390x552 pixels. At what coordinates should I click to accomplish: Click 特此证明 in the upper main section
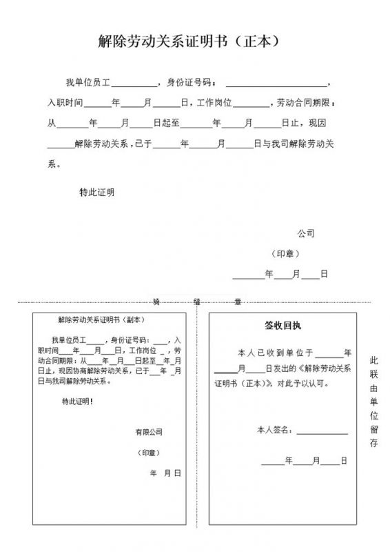coord(97,192)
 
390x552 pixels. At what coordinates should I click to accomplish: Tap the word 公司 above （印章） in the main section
coord(306,233)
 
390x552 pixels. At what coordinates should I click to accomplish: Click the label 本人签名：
coord(274,430)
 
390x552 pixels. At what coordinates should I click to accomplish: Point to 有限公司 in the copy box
coord(149,433)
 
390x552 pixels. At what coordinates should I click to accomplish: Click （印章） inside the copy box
coord(149,453)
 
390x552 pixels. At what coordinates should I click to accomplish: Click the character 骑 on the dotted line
coord(156,302)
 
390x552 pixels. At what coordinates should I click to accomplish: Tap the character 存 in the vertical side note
coord(373,444)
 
